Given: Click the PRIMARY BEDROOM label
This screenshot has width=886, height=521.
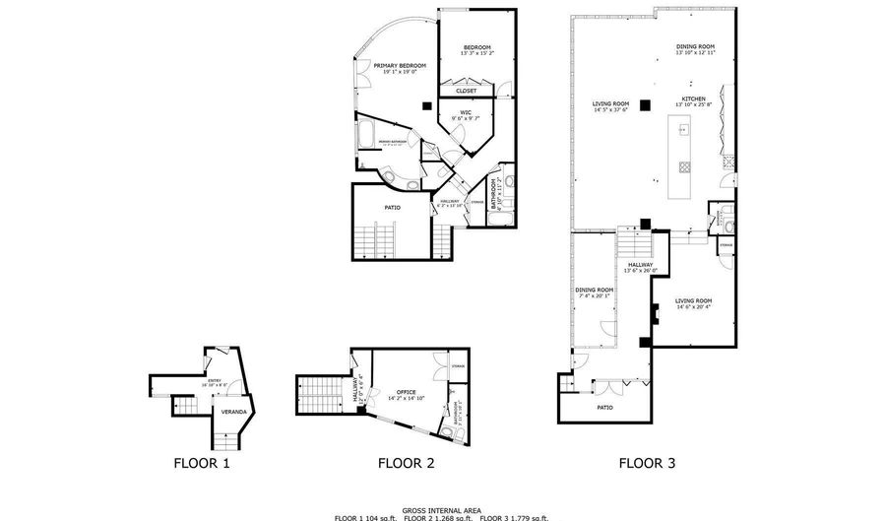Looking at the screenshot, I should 387,66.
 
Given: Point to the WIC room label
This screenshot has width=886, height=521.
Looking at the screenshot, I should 466,112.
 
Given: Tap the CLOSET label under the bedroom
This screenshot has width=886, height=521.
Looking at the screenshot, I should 466,91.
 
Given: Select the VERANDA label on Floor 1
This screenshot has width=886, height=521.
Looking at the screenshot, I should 233,411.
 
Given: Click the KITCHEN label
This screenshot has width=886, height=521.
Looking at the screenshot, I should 695,99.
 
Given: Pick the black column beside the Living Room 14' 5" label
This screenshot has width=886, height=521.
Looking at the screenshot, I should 644,103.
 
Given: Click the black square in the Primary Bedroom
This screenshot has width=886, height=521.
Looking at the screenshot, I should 425,105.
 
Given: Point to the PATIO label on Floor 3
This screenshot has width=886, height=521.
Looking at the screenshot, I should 604,406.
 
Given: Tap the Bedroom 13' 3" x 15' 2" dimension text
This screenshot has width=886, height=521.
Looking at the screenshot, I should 477,52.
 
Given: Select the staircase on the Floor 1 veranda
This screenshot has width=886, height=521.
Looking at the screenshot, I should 222,432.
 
